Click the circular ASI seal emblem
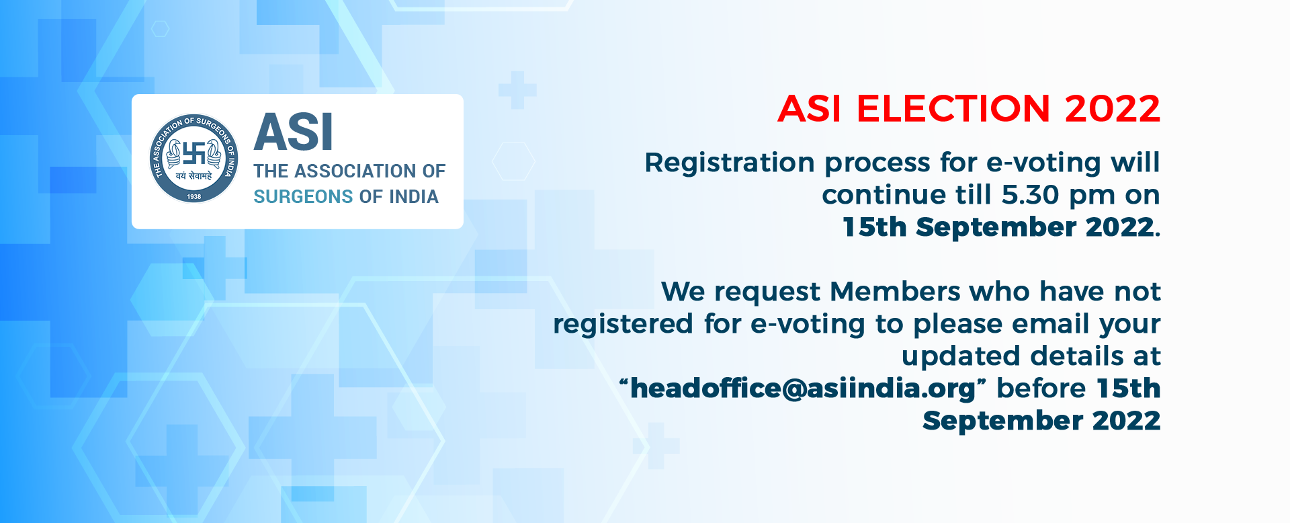pyautogui.click(x=193, y=159)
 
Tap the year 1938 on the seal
pyautogui.click(x=194, y=196)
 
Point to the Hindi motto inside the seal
pyautogui.click(x=193, y=176)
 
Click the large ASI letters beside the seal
pyautogui.click(x=293, y=132)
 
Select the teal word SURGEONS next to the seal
pyautogui.click(x=303, y=196)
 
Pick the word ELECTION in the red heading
pyautogui.click(x=953, y=109)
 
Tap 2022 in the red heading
pyautogui.click(x=1113, y=109)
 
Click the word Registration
pyautogui.click(x=730, y=163)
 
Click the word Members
pyautogui.click(x=895, y=292)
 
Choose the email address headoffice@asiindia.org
pyautogui.click(x=803, y=389)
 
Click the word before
pyautogui.click(x=1041, y=389)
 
